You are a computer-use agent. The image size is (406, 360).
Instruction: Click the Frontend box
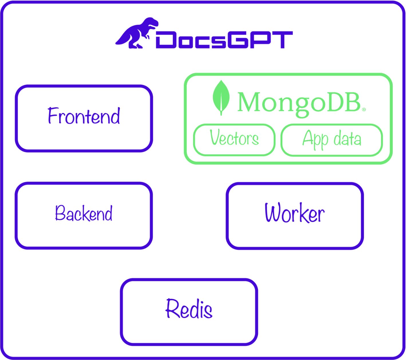(84, 118)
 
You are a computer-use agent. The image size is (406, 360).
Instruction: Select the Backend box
(84, 215)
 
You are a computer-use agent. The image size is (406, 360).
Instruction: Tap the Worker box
(295, 216)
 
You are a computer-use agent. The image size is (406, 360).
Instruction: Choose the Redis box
(189, 312)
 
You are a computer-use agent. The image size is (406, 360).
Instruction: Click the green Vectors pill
(234, 140)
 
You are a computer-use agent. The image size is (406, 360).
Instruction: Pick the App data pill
(332, 140)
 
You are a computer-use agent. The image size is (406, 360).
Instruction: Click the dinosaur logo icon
(137, 33)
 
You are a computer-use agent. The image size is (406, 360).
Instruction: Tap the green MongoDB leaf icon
(221, 98)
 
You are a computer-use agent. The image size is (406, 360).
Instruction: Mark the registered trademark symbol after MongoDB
(364, 110)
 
